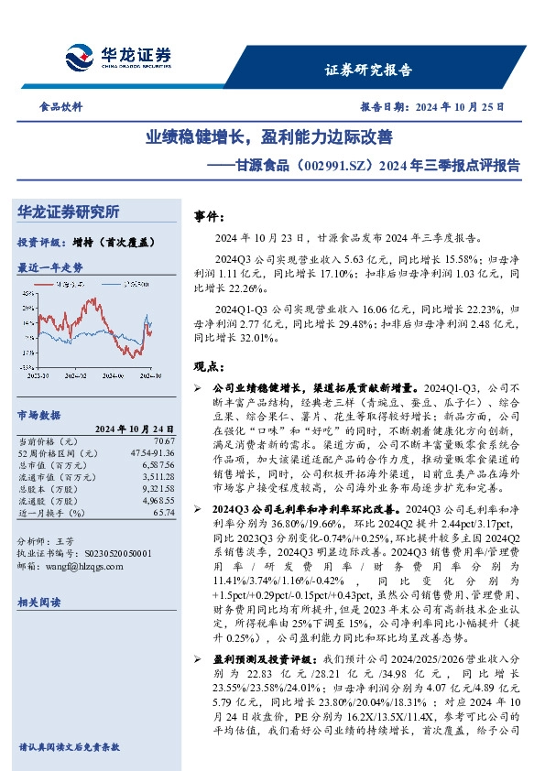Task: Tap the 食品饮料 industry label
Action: pos(63,107)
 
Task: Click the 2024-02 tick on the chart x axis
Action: pos(75,374)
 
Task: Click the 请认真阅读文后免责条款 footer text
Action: pos(70,746)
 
